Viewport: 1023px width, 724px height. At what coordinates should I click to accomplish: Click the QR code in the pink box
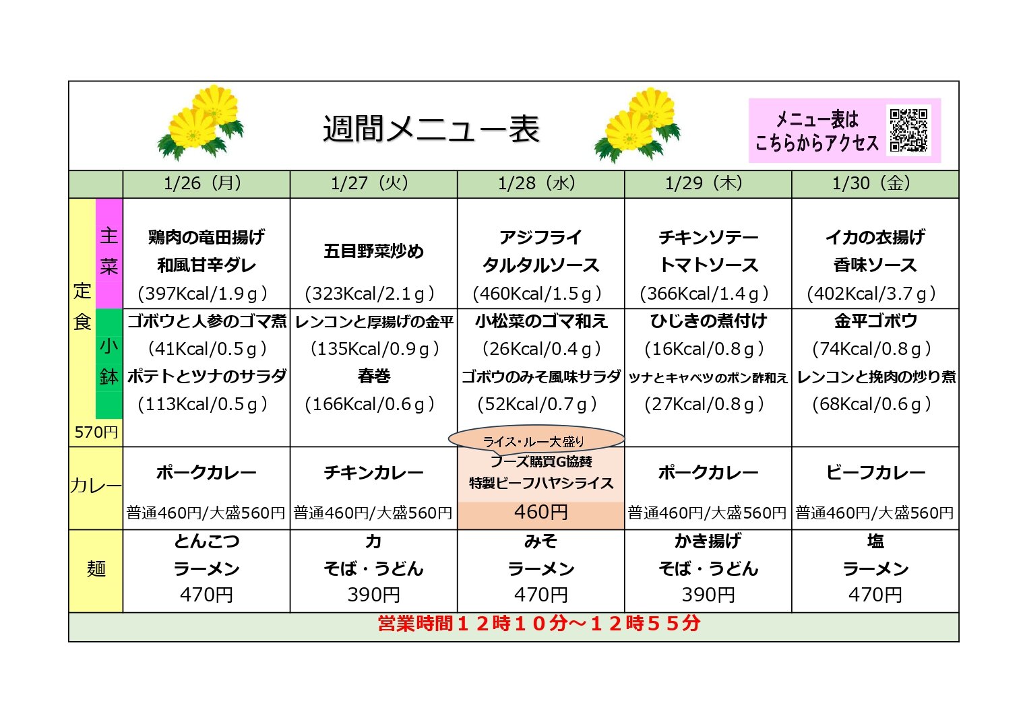point(908,130)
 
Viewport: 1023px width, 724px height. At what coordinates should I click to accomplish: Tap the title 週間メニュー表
point(431,128)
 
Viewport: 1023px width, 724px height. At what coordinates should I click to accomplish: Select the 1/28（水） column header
point(540,183)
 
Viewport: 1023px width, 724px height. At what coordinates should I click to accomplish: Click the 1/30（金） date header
point(875,183)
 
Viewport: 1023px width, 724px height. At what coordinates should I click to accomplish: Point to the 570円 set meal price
point(96,432)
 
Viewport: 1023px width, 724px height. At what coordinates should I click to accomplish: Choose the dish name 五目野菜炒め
point(373,251)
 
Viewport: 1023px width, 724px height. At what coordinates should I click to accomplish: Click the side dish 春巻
point(373,376)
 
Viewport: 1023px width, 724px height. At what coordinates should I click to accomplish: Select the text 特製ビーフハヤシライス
point(541,483)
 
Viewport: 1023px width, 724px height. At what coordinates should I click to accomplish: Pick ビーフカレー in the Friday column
point(875,473)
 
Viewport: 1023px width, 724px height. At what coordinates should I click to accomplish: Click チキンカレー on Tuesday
point(373,473)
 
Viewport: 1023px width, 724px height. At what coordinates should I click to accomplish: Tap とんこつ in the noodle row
point(206,541)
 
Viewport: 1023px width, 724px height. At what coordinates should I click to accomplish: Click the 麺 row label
point(96,569)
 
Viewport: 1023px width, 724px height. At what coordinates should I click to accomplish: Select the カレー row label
point(96,486)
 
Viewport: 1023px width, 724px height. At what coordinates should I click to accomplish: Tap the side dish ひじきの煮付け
point(708,321)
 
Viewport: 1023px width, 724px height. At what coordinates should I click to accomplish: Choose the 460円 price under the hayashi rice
point(540,513)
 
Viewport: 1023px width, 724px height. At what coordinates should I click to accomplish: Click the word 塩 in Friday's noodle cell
point(875,541)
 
